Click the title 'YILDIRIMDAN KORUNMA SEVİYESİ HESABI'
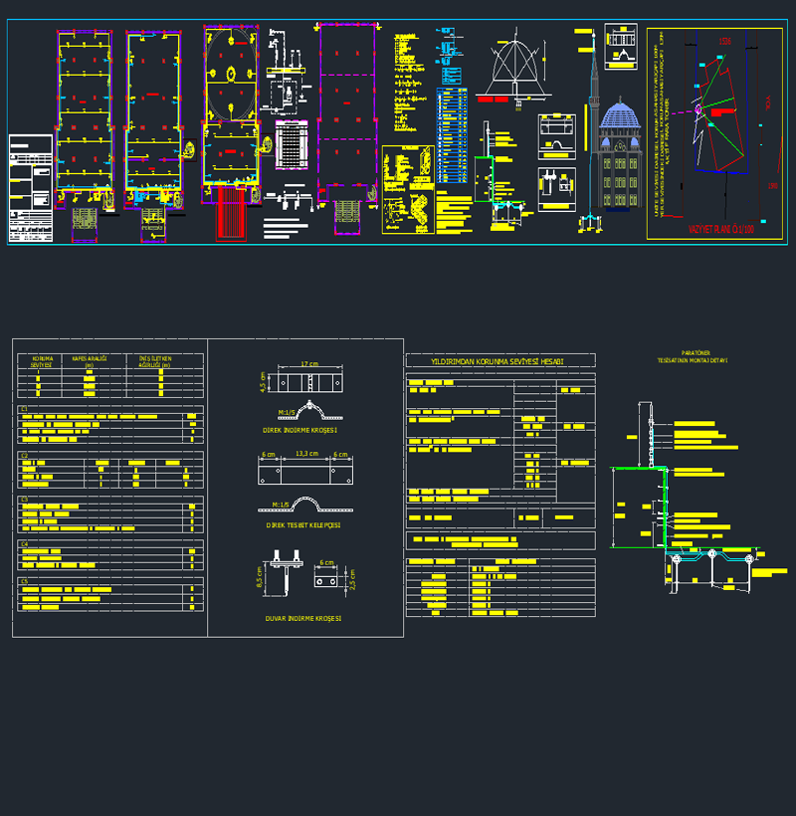click(x=497, y=360)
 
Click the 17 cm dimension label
click(x=308, y=364)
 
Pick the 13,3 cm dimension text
click(x=306, y=454)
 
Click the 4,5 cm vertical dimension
click(x=263, y=382)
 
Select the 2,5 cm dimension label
click(x=351, y=578)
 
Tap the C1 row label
click(x=24, y=409)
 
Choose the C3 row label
click(x=24, y=499)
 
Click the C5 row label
click(x=24, y=580)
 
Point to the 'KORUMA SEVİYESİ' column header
click(x=42, y=361)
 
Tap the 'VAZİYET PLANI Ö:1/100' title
click(x=720, y=229)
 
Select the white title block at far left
click(x=30, y=188)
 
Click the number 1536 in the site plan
click(x=725, y=41)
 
